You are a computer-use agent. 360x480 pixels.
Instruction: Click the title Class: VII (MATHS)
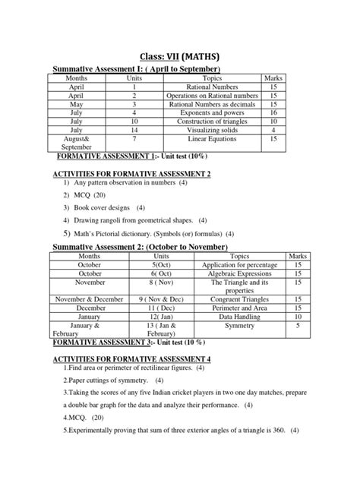(180, 55)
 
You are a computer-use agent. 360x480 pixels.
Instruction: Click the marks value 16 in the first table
(273, 112)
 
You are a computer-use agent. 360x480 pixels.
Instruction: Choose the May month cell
(77, 104)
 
